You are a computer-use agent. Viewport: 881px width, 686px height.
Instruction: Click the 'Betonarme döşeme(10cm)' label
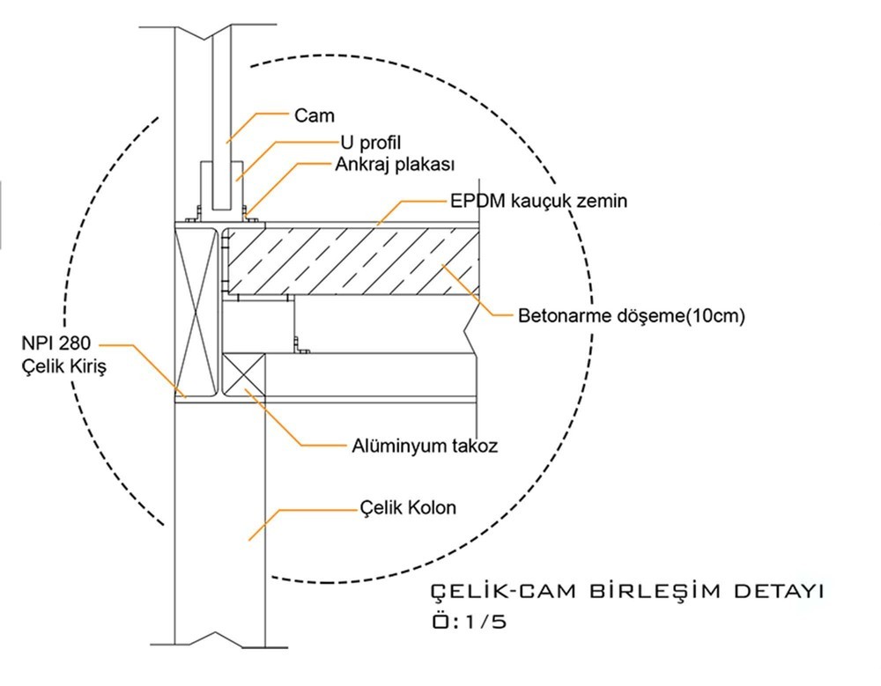point(631,315)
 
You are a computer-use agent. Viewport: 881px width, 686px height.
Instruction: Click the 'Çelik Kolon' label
point(409,508)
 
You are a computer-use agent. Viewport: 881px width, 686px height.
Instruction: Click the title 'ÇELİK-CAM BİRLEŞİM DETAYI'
point(626,591)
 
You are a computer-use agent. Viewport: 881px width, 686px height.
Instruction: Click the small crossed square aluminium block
point(244,377)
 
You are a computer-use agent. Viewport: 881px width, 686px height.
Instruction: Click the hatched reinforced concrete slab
point(352,262)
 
